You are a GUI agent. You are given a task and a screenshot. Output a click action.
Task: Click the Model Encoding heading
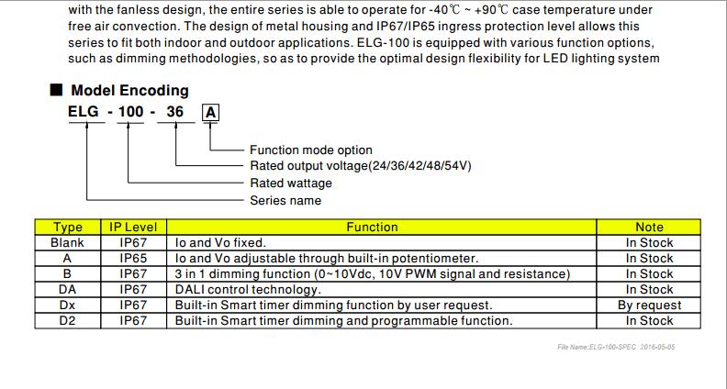[x=129, y=90]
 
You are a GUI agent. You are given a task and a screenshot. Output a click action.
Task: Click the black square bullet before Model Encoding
[x=56, y=90]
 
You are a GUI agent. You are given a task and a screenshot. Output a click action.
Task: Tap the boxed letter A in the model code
[x=210, y=113]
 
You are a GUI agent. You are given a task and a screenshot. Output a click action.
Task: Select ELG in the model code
[x=84, y=112]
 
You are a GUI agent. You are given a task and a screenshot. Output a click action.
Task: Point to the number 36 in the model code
[x=175, y=112]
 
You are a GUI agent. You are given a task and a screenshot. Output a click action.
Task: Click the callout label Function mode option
[x=311, y=150]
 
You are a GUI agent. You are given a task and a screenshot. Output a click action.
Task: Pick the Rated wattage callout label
[x=291, y=183]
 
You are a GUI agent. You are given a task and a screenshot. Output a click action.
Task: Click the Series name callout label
[x=285, y=200]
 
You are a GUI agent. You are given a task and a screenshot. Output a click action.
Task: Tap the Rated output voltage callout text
[x=361, y=166]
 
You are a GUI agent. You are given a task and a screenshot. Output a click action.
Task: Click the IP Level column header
[x=133, y=228]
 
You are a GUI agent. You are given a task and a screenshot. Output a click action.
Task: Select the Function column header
[x=373, y=228]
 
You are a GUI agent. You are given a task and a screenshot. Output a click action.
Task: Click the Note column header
[x=649, y=228]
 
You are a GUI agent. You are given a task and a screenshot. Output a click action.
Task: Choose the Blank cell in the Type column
[x=68, y=242]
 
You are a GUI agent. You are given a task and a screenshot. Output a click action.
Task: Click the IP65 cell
[x=133, y=258]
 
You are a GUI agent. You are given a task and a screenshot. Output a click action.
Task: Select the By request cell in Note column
[x=649, y=306]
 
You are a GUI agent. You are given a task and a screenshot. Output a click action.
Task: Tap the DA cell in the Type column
[x=68, y=289]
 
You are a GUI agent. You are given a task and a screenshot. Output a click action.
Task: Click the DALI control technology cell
[x=248, y=290]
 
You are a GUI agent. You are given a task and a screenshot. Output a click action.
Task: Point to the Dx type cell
[x=68, y=306]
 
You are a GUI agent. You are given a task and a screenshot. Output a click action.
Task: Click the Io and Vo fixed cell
[x=220, y=242]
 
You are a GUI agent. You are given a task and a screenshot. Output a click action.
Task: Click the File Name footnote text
[x=616, y=347]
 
